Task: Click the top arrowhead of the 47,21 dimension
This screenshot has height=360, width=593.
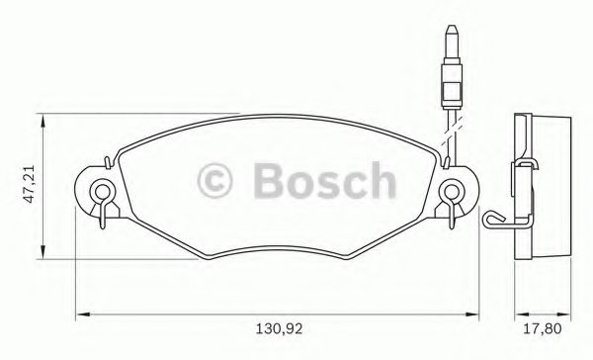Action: coord(42,121)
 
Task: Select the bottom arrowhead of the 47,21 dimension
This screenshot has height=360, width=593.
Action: coord(42,254)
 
